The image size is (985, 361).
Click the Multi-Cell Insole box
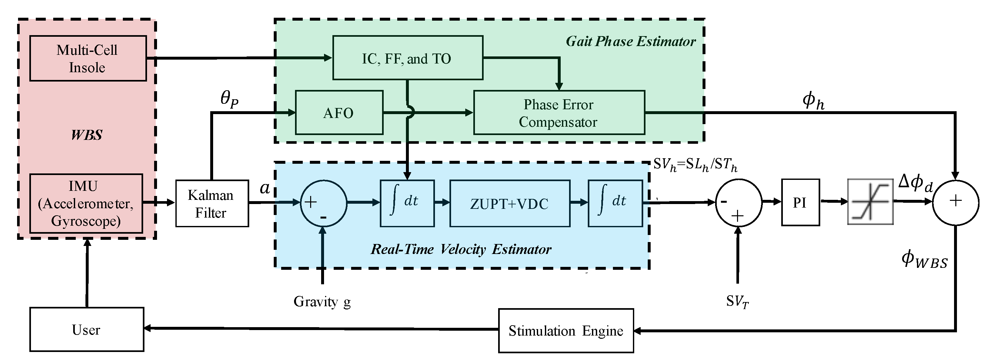[88, 59]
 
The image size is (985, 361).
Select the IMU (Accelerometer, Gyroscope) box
[86, 203]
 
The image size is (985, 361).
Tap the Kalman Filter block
[212, 203]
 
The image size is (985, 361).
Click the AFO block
[339, 113]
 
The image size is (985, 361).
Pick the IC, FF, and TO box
[408, 58]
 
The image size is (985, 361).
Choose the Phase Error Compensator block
[559, 113]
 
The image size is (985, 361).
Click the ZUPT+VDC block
[509, 203]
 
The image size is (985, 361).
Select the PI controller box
[800, 202]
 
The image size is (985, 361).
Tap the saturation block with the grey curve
[870, 201]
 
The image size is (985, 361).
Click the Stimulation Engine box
[566, 330]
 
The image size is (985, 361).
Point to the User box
[87, 329]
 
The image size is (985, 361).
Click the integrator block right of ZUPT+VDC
[615, 203]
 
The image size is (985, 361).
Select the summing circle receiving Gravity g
[323, 203]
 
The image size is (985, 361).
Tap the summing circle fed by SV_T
[738, 202]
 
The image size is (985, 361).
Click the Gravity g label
[322, 302]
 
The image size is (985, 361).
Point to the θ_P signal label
[230, 99]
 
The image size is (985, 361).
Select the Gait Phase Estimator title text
[631, 41]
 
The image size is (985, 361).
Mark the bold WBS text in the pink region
[87, 135]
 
